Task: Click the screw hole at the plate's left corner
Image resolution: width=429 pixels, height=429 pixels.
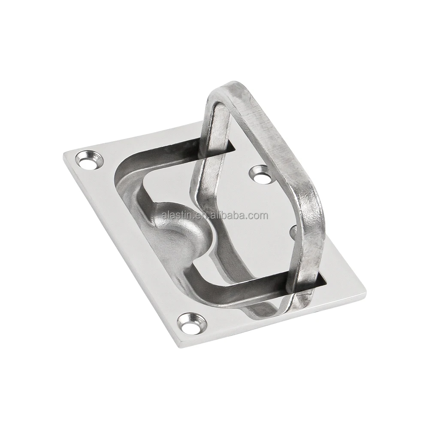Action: click(x=89, y=160)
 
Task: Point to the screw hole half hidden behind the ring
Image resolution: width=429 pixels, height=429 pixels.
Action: click(x=293, y=232)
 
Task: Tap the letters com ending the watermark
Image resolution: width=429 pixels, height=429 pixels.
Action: click(x=259, y=215)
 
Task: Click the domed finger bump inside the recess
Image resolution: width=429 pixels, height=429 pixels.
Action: click(x=180, y=227)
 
